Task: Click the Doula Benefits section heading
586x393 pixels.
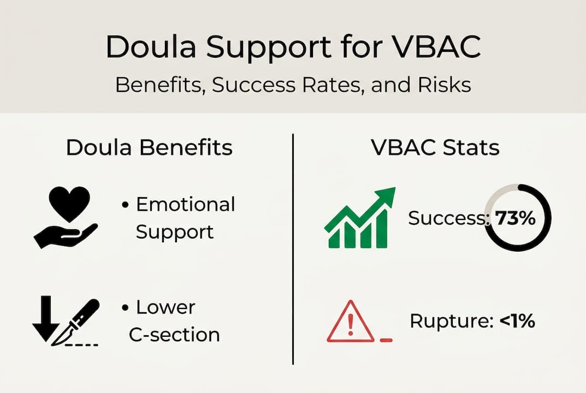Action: [x=149, y=148]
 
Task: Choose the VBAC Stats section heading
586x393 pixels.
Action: [x=435, y=148]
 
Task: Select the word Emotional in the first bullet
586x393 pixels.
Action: [x=185, y=205]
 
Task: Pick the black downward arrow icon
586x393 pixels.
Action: [x=45, y=317]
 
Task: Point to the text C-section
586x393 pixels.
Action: [x=175, y=334]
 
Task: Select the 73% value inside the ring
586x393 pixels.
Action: [x=513, y=218]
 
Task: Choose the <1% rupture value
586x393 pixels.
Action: [x=517, y=321]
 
